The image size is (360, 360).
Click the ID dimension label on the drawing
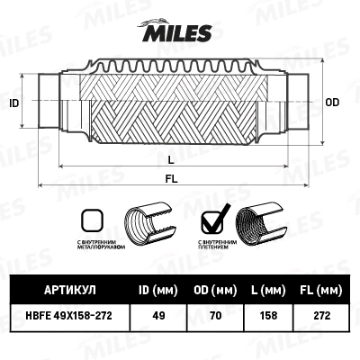(13, 104)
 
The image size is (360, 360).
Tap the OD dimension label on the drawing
(331, 103)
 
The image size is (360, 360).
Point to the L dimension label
(172, 158)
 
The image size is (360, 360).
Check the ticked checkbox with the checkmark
(214, 220)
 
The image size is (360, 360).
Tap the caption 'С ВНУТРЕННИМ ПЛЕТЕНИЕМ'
(216, 245)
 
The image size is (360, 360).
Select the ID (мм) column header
(157, 290)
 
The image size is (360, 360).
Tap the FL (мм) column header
(317, 290)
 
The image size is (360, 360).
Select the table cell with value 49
(157, 316)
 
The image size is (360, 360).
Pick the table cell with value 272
(317, 316)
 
